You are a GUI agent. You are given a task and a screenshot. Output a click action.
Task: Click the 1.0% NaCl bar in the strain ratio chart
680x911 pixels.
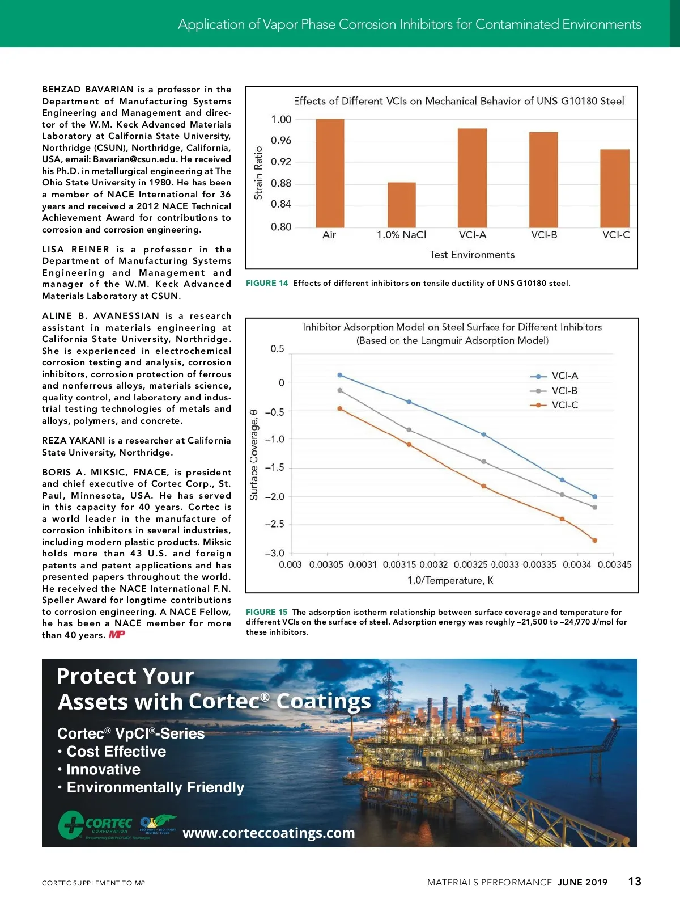point(401,205)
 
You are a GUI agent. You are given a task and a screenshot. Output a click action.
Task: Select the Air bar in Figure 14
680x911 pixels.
point(330,173)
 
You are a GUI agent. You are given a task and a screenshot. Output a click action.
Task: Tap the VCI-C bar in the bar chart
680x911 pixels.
point(615,188)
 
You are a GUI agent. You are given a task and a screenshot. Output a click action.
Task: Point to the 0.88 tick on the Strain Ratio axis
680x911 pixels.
point(281,183)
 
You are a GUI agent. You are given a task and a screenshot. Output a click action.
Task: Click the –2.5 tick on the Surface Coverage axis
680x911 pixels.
point(275,524)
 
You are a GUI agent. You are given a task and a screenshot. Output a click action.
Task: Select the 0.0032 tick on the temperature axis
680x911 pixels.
point(433,565)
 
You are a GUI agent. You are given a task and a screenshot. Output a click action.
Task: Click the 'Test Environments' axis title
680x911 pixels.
point(472,255)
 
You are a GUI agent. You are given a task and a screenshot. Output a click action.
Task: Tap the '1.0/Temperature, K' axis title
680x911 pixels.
point(450,580)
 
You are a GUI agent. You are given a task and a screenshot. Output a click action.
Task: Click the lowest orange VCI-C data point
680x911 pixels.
point(594,541)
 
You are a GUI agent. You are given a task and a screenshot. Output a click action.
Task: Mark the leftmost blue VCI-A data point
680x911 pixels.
point(340,375)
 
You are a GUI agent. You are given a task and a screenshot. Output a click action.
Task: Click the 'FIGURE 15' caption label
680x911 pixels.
point(266,612)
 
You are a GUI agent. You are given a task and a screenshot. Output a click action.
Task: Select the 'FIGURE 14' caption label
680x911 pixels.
point(266,283)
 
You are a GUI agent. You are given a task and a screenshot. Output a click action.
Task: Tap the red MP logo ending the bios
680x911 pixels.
point(117,635)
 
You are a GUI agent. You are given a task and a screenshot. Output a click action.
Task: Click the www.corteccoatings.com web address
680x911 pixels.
point(269,833)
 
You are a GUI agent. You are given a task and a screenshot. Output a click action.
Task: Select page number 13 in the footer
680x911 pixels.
point(635,882)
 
